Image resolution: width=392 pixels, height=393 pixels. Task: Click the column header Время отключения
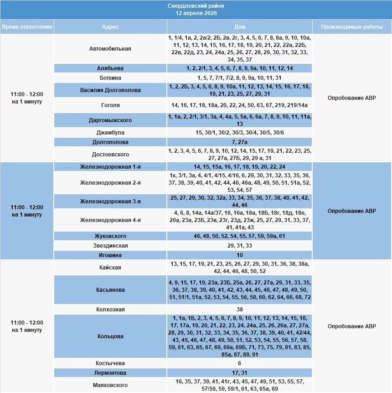[x=27, y=27]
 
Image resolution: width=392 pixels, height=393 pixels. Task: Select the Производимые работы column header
[x=352, y=27]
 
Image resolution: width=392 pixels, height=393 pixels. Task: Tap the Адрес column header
[x=110, y=27]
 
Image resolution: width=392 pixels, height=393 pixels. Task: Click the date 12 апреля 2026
[x=196, y=13]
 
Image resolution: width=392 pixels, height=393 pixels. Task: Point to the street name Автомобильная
[x=110, y=49]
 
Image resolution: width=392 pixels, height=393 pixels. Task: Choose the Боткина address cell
[x=110, y=78]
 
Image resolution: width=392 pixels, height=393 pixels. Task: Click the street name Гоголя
[x=110, y=105]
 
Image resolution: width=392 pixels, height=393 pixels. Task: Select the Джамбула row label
[x=110, y=133]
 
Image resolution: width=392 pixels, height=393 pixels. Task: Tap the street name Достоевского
[x=110, y=155]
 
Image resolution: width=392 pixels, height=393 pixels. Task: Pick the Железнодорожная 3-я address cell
[x=110, y=202]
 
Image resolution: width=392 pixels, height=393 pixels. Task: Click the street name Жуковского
[x=110, y=236]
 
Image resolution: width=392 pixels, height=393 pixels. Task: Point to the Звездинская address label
[x=110, y=246]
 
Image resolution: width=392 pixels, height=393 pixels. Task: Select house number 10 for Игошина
[x=240, y=255]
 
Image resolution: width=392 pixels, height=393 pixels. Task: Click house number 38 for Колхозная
[x=240, y=309]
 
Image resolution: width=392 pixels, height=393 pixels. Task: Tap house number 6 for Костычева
[x=240, y=363]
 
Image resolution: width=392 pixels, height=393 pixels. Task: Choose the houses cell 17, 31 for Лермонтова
[x=240, y=373]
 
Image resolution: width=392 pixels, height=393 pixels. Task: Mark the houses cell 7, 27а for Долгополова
[x=240, y=142]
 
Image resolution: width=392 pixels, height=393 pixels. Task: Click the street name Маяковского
[x=110, y=385]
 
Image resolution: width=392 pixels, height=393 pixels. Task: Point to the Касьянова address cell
[x=110, y=290]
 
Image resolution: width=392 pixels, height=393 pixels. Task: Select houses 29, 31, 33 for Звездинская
[x=240, y=246]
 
